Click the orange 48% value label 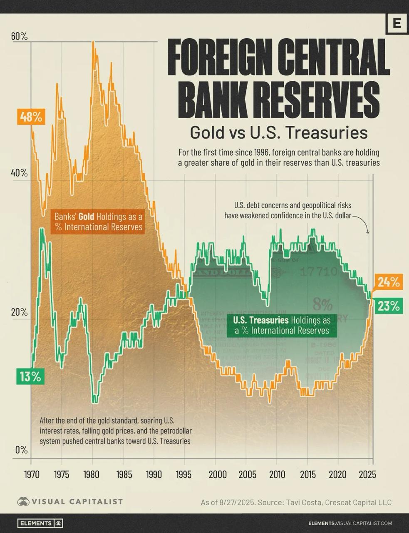click(31, 117)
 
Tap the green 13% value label click(30, 377)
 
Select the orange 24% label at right click(389, 282)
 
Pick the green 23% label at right click(389, 306)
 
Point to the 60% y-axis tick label click(19, 36)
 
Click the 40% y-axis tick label click(19, 173)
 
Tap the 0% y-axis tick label click(21, 450)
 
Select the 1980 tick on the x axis click(92, 474)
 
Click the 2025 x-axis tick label click(368, 474)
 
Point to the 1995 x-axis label click(183, 474)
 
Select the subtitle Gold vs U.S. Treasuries click(278, 133)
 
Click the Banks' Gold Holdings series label click(99, 222)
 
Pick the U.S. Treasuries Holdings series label click(282, 325)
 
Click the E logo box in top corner click(396, 23)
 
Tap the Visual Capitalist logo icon click(23, 501)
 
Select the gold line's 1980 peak click(93, 42)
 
